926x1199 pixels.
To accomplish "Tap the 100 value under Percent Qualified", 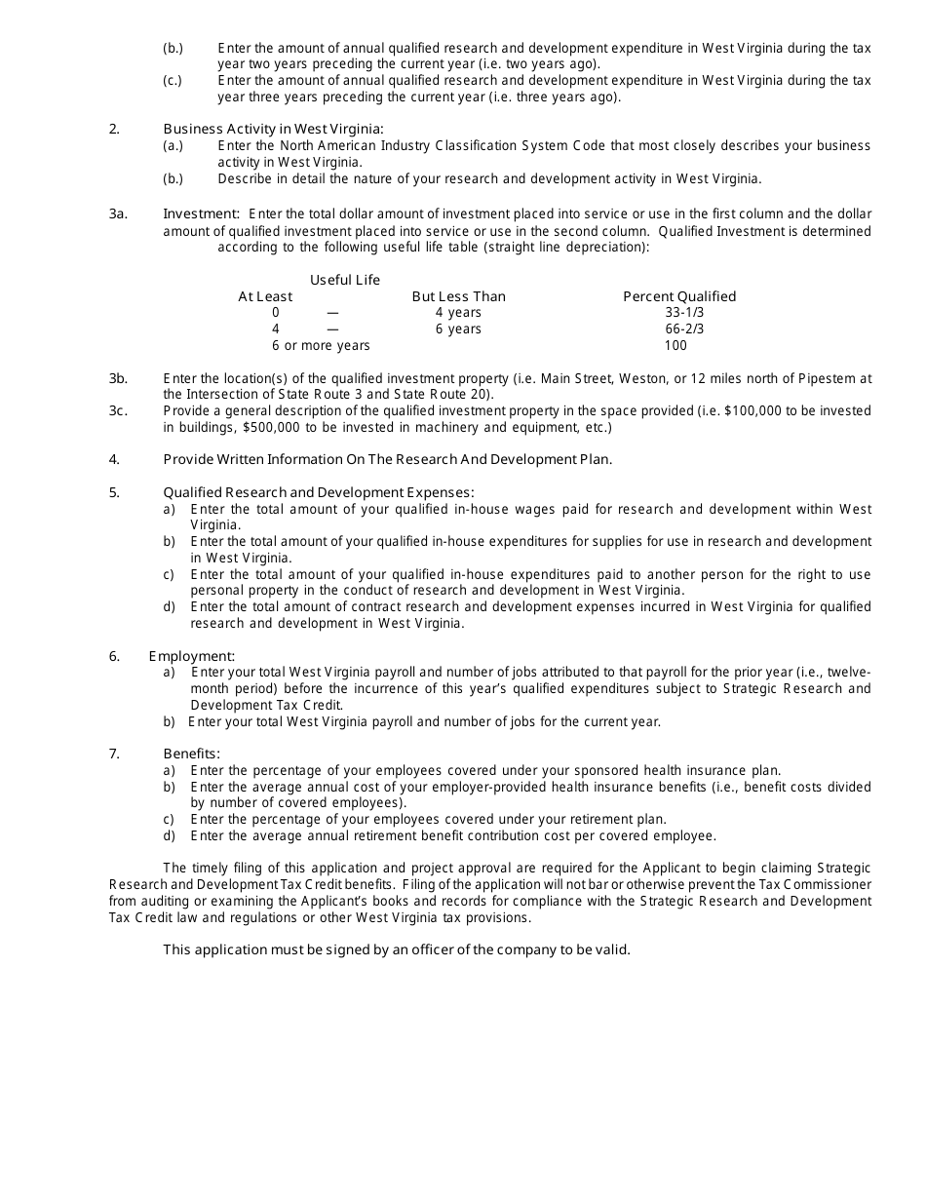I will pyautogui.click(x=675, y=346).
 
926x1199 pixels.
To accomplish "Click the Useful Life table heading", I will pyautogui.click(x=345, y=281).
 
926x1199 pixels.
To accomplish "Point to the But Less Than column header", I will pyautogui.click(x=458, y=296).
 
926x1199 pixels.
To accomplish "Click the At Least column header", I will pyautogui.click(x=265, y=296).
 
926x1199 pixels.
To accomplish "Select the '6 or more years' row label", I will pyautogui.click(x=321, y=346).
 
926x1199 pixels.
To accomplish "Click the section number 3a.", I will pyautogui.click(x=118, y=213).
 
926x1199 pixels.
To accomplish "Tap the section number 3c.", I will pyautogui.click(x=118, y=410).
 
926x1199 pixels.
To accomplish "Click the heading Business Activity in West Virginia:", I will pyautogui.click(x=273, y=129).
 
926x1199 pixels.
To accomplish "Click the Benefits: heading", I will pyautogui.click(x=192, y=754).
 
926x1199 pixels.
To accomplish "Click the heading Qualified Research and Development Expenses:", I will pyautogui.click(x=319, y=492).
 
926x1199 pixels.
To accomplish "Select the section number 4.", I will pyautogui.click(x=114, y=459).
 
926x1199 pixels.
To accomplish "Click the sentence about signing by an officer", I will pyautogui.click(x=397, y=949).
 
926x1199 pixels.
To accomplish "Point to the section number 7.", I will pyautogui.click(x=114, y=754).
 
